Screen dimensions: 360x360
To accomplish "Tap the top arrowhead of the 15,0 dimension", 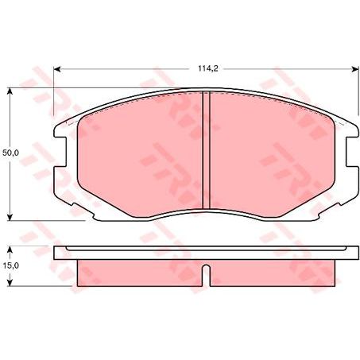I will click(x=10, y=249).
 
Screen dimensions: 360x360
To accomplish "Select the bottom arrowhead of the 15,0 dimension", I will click(x=10, y=284).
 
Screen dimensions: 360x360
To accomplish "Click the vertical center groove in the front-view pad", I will click(x=207, y=151).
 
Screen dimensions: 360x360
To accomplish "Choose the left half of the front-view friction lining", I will click(x=143, y=155).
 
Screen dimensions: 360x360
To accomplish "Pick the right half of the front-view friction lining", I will click(x=270, y=155).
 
